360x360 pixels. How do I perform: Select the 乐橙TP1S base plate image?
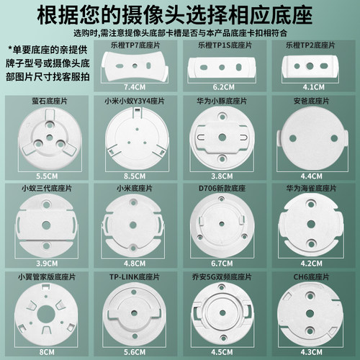pos(225,66)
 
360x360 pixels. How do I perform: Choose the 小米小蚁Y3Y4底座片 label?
pos(136,102)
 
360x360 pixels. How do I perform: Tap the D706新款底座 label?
pos(225,188)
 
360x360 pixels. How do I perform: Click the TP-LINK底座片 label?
pos(136,276)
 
